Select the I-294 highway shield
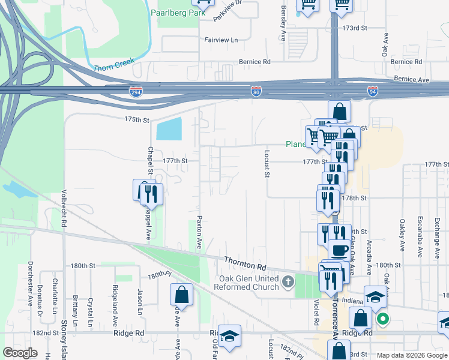[136, 91]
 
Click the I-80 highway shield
[256, 91]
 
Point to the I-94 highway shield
[373, 91]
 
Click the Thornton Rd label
[245, 262]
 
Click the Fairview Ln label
[221, 40]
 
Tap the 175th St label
[137, 120]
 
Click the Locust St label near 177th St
[265, 163]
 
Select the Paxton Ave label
[199, 233]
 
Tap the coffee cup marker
[340, 249]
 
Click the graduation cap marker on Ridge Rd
[229, 335]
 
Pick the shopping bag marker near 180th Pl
[181, 295]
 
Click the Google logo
[20, 353]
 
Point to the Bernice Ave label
[412, 79]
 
